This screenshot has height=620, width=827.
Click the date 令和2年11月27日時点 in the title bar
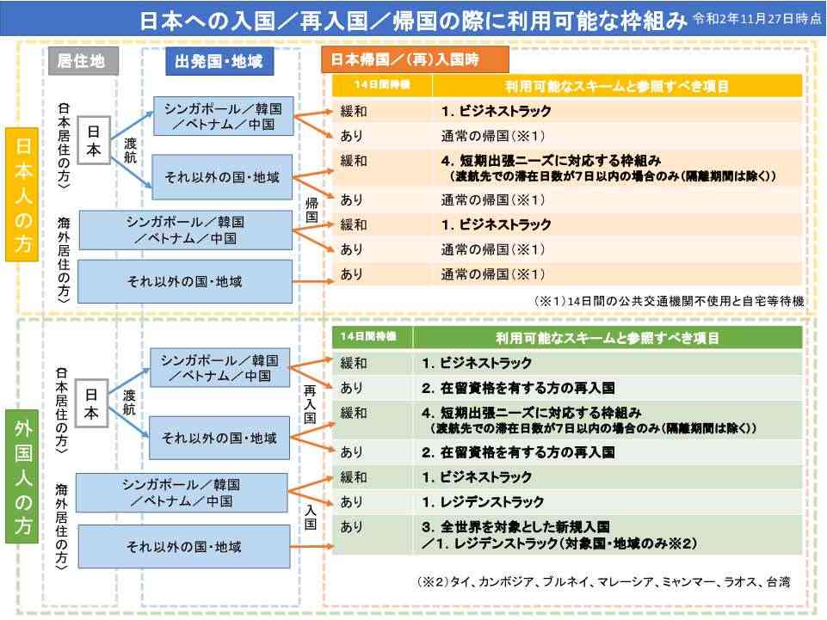click(756, 19)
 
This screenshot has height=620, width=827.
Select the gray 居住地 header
click(81, 61)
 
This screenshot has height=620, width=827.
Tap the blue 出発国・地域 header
click(219, 61)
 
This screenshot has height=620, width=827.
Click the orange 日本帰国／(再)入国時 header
click(415, 59)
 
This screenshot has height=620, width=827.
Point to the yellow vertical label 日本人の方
click(22, 194)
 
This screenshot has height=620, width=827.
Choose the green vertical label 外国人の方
click(22, 476)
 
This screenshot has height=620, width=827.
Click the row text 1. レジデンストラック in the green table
click(483, 502)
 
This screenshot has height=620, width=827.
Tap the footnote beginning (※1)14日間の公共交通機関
click(670, 301)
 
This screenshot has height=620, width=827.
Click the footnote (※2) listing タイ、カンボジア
click(604, 582)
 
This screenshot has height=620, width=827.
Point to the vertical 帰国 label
click(312, 210)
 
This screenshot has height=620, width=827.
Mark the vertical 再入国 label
click(310, 404)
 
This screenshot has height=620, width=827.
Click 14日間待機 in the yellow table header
click(382, 85)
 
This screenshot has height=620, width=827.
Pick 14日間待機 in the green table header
click(368, 336)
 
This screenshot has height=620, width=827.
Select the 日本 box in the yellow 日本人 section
click(93, 140)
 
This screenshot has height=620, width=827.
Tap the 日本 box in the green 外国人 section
click(91, 402)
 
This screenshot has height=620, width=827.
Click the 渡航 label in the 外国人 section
click(130, 402)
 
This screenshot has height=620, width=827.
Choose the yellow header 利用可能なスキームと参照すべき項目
click(616, 86)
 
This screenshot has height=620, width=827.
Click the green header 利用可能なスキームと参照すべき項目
click(607, 337)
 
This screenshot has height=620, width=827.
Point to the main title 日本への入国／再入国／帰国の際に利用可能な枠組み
click(413, 21)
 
